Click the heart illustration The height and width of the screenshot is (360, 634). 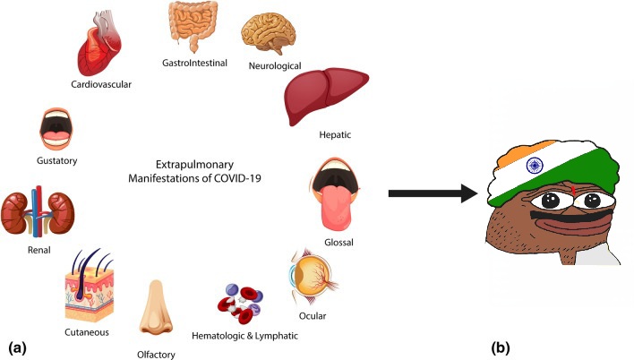click(99, 44)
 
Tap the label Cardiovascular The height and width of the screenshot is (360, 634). click(101, 84)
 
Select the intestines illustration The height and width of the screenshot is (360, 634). click(193, 26)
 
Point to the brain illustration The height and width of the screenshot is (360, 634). click(269, 33)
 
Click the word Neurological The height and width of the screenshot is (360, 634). click(275, 65)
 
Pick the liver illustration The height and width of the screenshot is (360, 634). click(326, 96)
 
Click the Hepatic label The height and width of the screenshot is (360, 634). click(335, 134)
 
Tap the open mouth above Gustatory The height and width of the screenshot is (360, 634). click(56, 129)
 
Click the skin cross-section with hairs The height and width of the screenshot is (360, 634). click(90, 285)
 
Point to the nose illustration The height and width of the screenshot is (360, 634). click(156, 307)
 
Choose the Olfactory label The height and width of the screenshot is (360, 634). click(156, 355)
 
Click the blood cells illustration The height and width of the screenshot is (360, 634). click(240, 304)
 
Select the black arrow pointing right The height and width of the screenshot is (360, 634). click(433, 193)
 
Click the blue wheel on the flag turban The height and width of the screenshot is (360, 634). click(535, 166)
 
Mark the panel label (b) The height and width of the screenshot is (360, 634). click(501, 347)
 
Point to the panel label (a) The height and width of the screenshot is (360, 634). click(17, 347)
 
